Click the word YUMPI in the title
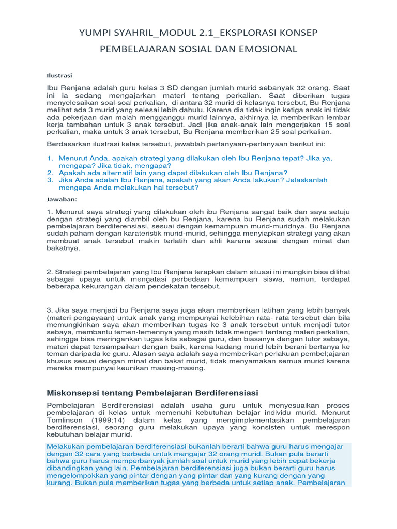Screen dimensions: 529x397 point(95,33)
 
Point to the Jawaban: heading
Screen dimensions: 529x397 point(62,199)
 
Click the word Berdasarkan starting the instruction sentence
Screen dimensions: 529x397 point(69,143)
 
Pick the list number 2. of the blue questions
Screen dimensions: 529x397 point(50,173)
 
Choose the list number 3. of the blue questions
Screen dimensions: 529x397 point(50,180)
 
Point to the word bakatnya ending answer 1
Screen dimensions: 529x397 point(64,248)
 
